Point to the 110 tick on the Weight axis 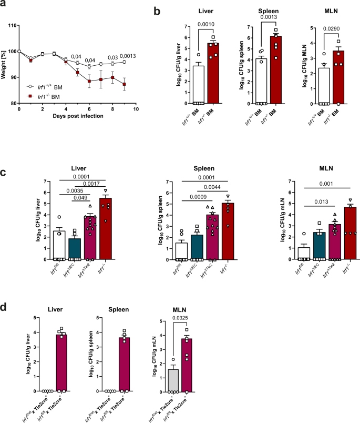click(x=12, y=25)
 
